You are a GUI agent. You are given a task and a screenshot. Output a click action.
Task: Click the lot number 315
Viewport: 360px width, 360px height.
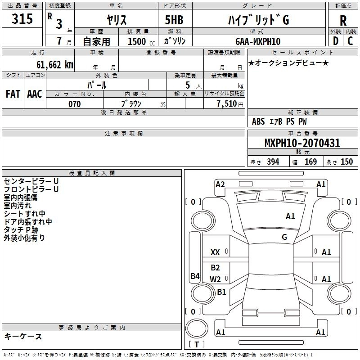click(x=22, y=19)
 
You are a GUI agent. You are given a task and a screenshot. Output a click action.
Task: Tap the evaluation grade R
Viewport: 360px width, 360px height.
click(x=343, y=21)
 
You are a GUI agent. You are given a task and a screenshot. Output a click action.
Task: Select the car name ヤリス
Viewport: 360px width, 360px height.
click(x=116, y=20)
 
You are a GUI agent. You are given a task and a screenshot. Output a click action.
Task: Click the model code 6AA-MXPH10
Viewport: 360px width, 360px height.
click(x=258, y=41)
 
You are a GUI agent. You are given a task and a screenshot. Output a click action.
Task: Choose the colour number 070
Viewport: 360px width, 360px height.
click(x=74, y=104)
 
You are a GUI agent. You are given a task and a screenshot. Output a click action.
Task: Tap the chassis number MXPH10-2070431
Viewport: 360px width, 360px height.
click(x=302, y=144)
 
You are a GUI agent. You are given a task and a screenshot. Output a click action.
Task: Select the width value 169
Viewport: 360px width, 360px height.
click(x=310, y=162)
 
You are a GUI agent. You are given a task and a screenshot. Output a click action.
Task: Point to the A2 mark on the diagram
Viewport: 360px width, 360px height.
click(x=220, y=184)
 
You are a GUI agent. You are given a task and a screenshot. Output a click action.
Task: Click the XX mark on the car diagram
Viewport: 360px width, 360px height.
click(x=216, y=252)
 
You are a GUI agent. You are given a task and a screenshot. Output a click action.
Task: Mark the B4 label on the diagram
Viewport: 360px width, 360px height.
click(x=195, y=276)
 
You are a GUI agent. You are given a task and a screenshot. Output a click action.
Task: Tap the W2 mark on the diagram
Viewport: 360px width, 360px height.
click(x=216, y=279)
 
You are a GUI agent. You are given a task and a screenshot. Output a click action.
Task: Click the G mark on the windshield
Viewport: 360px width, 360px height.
click(x=284, y=237)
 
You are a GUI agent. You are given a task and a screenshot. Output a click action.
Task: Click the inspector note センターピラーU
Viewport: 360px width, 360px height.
click(x=31, y=181)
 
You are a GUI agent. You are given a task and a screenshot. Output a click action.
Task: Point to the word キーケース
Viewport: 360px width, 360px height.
click(x=23, y=337)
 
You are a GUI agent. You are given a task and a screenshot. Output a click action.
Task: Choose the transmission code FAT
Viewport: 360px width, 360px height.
click(x=13, y=94)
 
